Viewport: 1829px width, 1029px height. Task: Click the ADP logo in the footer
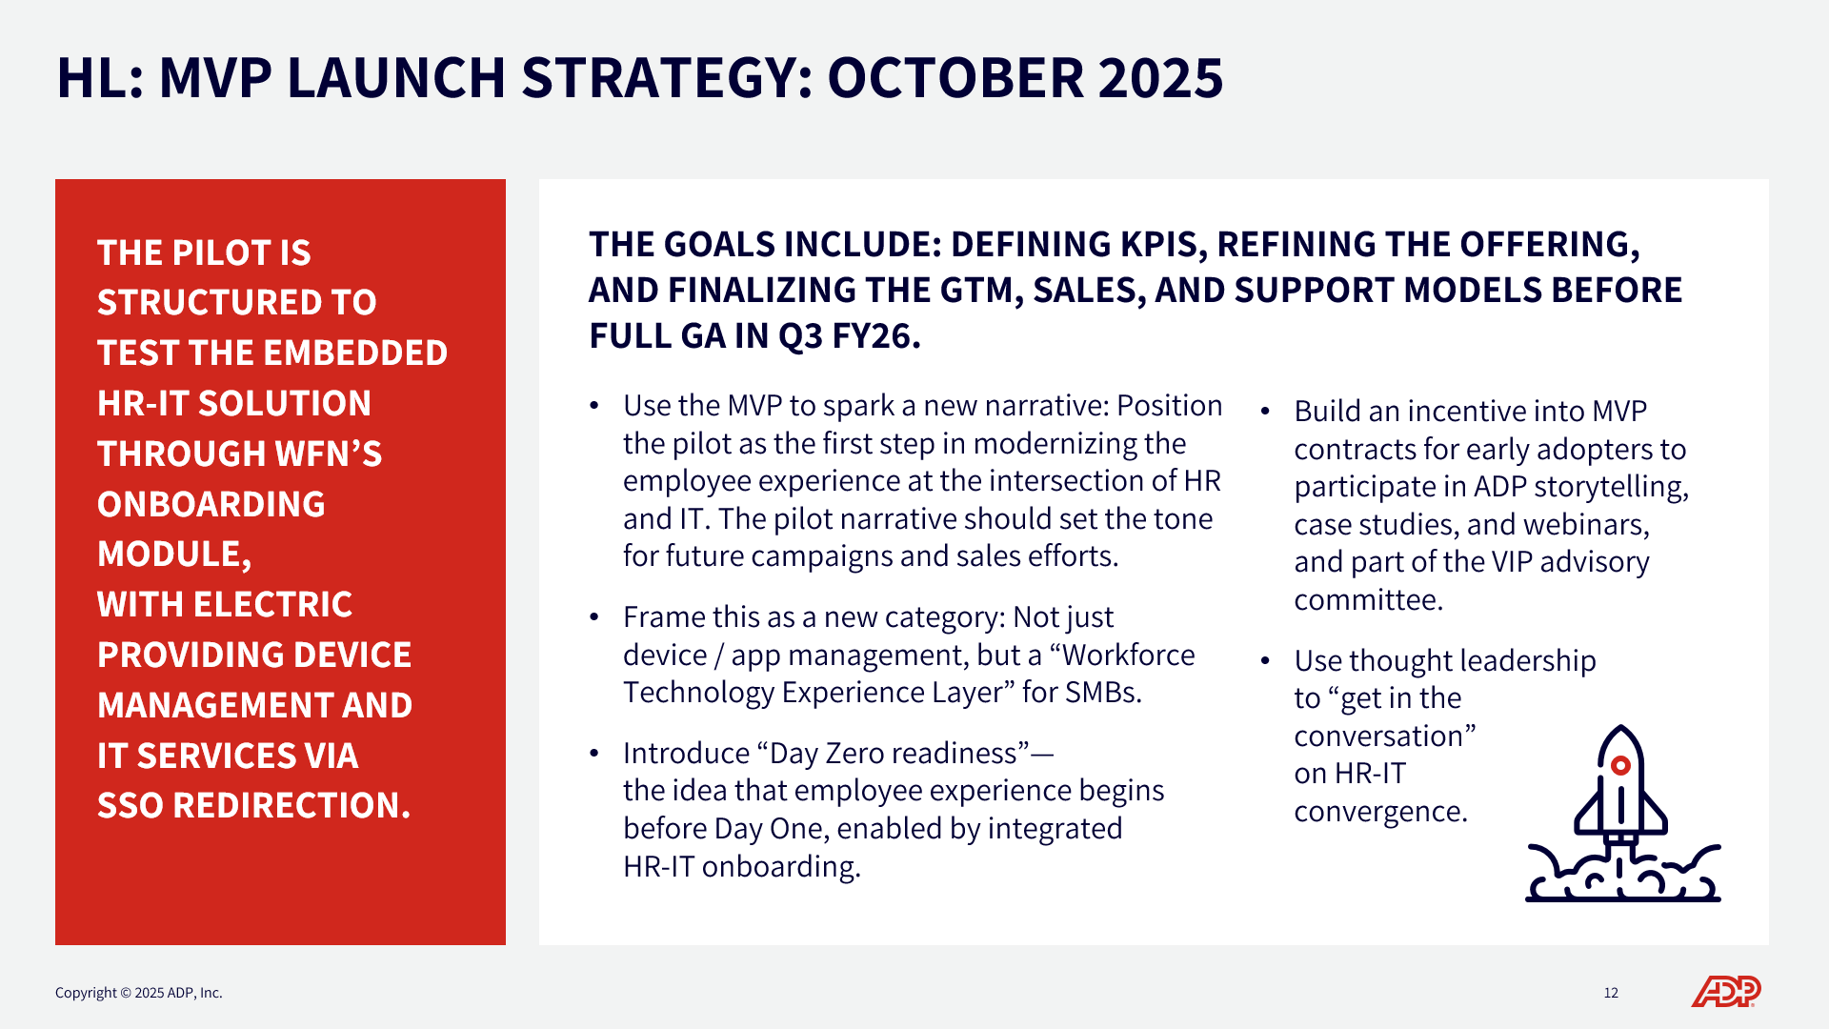click(x=1726, y=992)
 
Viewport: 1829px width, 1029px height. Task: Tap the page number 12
click(x=1611, y=993)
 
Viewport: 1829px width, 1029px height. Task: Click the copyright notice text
click(x=139, y=993)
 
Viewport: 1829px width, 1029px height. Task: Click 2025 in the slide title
click(x=1160, y=78)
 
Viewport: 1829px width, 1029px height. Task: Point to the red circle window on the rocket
click(x=1620, y=765)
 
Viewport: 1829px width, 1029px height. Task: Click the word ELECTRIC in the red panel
click(x=272, y=605)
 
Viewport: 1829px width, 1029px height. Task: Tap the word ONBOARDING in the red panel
click(x=211, y=504)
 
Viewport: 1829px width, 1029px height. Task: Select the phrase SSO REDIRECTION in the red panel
click(x=254, y=806)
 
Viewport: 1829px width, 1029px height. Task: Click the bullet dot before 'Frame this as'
click(x=594, y=617)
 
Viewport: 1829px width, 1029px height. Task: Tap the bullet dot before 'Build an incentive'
click(x=1265, y=412)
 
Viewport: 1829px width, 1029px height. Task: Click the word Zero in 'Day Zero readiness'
click(x=860, y=754)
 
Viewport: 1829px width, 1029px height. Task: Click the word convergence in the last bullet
click(x=1381, y=812)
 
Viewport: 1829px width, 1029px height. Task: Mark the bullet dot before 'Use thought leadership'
click(x=1265, y=661)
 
